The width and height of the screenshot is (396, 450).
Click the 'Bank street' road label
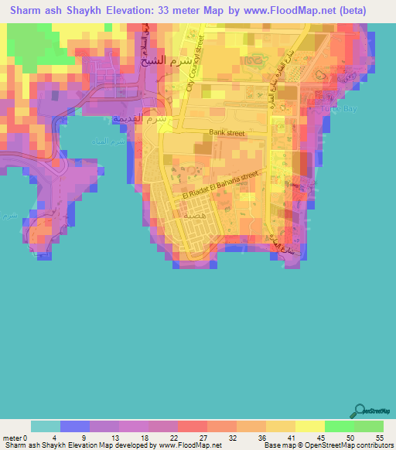coord(225,134)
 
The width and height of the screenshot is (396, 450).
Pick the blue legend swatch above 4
coord(76,425)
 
